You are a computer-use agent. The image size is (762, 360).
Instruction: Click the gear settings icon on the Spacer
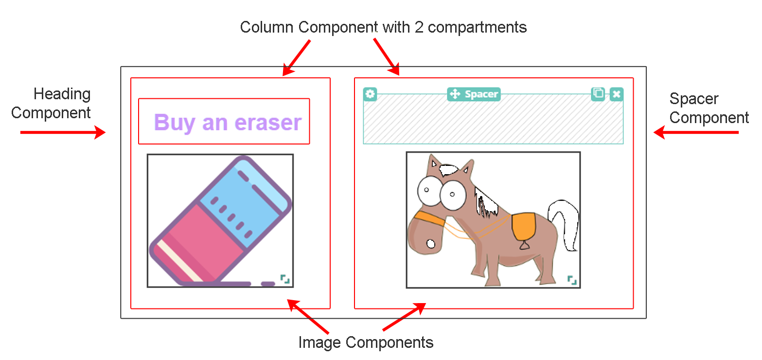click(370, 94)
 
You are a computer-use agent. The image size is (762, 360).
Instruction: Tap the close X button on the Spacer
click(617, 94)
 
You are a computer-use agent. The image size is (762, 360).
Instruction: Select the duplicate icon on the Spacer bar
click(598, 94)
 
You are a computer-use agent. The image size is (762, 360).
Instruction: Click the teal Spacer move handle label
click(474, 94)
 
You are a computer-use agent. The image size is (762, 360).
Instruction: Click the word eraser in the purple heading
click(268, 123)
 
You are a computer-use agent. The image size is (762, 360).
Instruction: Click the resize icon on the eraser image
click(285, 279)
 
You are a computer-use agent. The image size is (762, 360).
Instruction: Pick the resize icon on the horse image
click(572, 280)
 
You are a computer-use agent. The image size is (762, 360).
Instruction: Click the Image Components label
click(366, 342)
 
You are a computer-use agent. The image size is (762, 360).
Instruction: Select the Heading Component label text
click(51, 103)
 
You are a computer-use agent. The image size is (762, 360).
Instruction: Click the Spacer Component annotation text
click(709, 108)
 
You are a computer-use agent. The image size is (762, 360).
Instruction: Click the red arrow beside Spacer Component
click(696, 132)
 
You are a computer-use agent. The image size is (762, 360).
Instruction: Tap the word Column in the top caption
click(267, 27)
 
